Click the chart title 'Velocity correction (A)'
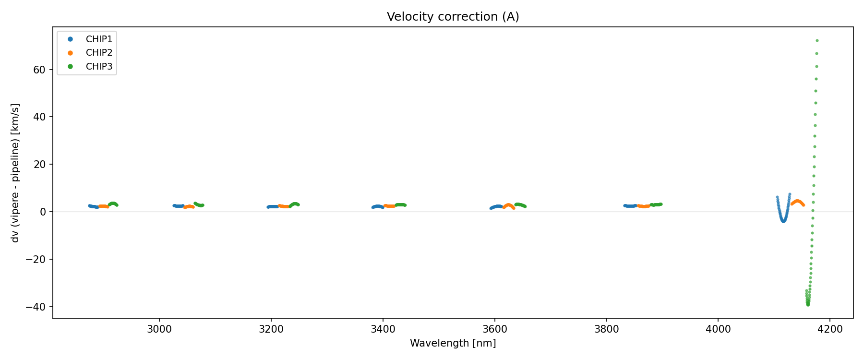pyautogui.click(x=453, y=17)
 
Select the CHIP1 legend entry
pyautogui.click(x=99, y=39)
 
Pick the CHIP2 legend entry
pyautogui.click(x=99, y=53)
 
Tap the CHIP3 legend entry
pyautogui.click(x=99, y=67)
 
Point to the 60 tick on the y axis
pyautogui.click(x=39, y=70)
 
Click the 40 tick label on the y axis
pyautogui.click(x=39, y=117)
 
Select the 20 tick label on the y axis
pyautogui.click(x=39, y=165)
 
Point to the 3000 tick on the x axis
pyautogui.click(x=159, y=329)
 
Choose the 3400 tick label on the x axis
pyautogui.click(x=383, y=329)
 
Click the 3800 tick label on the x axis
pyautogui.click(x=607, y=329)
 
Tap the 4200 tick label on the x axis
pyautogui.click(x=830, y=329)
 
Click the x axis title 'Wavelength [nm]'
pyautogui.click(x=453, y=343)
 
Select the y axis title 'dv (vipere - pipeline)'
pyautogui.click(x=15, y=173)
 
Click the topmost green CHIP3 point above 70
pyautogui.click(x=817, y=41)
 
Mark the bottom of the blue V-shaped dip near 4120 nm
pyautogui.click(x=783, y=221)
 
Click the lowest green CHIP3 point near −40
pyautogui.click(x=808, y=304)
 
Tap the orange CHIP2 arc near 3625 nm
pyautogui.click(x=509, y=205)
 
